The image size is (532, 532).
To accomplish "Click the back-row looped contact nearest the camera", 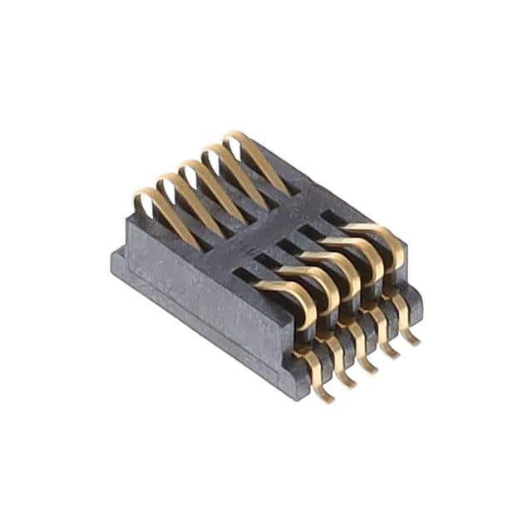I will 162,212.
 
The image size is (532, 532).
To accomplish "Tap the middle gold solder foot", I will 366,356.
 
